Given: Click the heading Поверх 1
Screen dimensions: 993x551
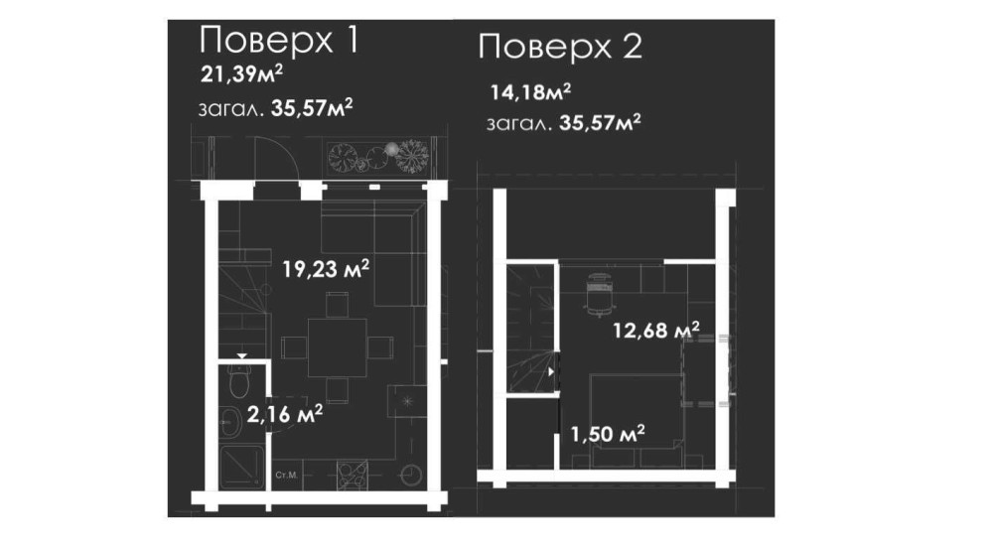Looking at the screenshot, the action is [x=279, y=40].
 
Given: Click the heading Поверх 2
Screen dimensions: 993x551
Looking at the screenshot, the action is [x=560, y=47].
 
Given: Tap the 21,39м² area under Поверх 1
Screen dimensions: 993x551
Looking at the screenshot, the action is [x=241, y=74].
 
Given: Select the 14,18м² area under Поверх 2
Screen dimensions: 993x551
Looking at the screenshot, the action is [x=530, y=91].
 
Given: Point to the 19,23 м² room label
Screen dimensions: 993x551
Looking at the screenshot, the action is [x=326, y=269].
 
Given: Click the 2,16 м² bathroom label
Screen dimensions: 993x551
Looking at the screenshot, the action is [x=284, y=414].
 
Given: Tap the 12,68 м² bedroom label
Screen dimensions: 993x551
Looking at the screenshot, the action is [x=655, y=330].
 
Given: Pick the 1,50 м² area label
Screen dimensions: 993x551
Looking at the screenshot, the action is [x=608, y=434].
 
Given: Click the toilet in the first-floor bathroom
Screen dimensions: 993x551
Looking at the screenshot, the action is [x=240, y=378].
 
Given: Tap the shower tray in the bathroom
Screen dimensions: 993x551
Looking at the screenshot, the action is [x=242, y=467].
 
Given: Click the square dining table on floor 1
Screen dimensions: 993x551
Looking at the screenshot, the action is [x=337, y=347].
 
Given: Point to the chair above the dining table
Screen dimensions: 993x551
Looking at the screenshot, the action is [x=337, y=304].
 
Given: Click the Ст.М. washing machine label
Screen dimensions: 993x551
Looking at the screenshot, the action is [x=286, y=475].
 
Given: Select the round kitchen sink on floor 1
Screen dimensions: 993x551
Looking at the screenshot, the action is [x=411, y=475].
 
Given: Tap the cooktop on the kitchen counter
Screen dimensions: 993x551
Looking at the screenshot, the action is [x=353, y=475].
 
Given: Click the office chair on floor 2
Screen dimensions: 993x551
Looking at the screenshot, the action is [x=599, y=294].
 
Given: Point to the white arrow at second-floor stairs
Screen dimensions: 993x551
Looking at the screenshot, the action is [x=551, y=371].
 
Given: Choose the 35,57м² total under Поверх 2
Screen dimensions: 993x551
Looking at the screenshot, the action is [x=599, y=122].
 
